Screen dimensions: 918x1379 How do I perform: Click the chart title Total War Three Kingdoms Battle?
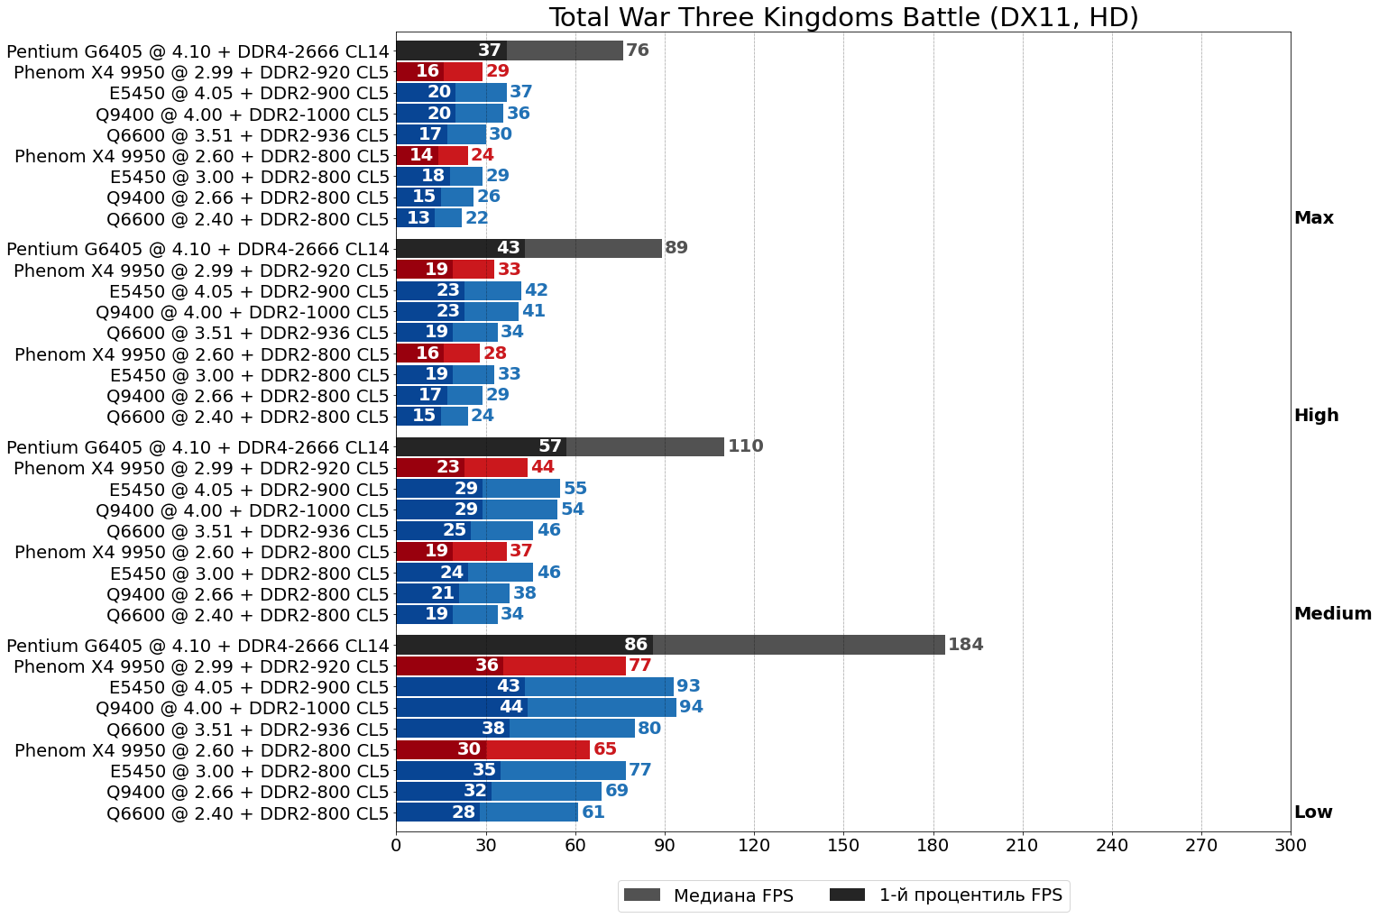tap(843, 17)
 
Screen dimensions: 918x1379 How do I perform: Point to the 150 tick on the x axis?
tap(843, 845)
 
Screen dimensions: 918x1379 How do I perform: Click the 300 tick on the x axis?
tap(1291, 845)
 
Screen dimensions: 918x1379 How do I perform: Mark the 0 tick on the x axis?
tap(396, 845)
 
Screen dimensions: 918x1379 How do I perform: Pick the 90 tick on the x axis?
tap(665, 845)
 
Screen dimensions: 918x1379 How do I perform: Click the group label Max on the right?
tap(1313, 218)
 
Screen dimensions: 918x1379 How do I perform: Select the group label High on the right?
tap(1316, 416)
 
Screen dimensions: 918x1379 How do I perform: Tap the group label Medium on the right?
tap(1332, 614)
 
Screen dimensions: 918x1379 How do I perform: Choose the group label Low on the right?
tap(1312, 812)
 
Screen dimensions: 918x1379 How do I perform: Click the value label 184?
tap(965, 645)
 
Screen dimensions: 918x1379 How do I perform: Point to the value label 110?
tap(745, 446)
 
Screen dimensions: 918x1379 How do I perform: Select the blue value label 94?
tap(691, 707)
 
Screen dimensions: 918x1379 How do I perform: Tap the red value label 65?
tap(604, 749)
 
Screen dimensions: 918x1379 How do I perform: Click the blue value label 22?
tap(476, 218)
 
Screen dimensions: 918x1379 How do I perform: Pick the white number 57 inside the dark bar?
tap(550, 446)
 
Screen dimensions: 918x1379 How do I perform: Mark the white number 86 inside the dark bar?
tap(636, 645)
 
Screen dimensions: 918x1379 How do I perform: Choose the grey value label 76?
tap(637, 50)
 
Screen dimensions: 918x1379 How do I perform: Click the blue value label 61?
tap(593, 812)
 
